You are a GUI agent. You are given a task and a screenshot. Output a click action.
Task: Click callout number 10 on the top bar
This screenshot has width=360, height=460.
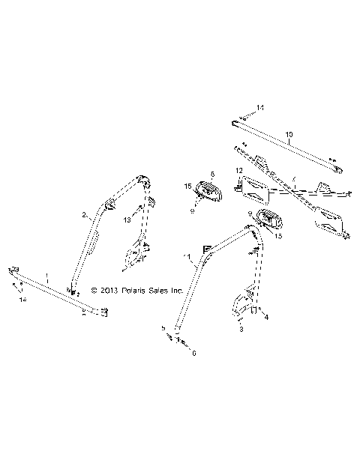point(289,135)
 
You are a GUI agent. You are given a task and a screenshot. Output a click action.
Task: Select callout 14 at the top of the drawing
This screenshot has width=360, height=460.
point(259,109)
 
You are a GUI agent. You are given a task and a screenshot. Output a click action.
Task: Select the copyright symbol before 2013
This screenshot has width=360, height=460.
point(94,290)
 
